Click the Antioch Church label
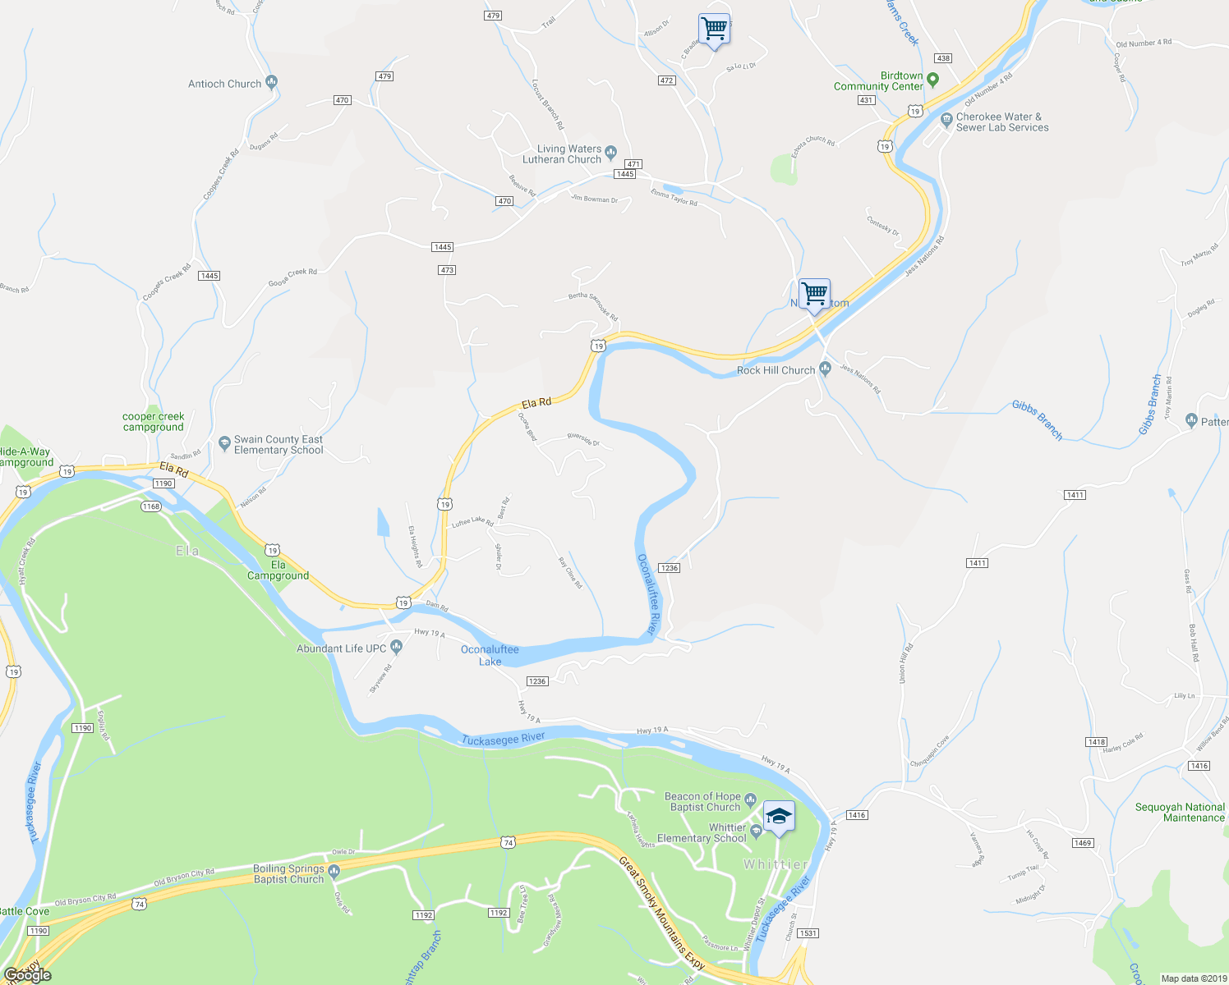[224, 84]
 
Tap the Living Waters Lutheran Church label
[568, 154]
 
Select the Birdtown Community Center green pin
[932, 80]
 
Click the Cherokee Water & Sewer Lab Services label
[1002, 122]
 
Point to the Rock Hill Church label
[776, 370]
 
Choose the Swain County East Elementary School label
[278, 445]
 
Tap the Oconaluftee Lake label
[490, 655]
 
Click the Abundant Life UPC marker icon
[396, 648]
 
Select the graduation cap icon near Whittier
[779, 817]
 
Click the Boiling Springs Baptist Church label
[288, 874]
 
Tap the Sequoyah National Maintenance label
[1180, 813]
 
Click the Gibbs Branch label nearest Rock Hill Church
[1037, 420]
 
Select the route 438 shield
[943, 58]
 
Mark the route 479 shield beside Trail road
[493, 16]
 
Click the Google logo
[28, 975]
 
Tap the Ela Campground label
[278, 570]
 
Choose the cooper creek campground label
[154, 422]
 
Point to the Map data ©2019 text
[1193, 978]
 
